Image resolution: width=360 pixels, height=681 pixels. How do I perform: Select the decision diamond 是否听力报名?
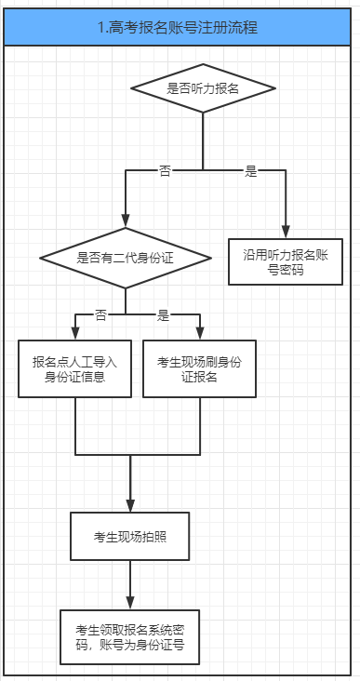click(203, 89)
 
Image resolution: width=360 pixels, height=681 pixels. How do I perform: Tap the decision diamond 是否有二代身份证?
click(126, 256)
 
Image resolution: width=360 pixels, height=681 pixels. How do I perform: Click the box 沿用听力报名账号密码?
click(286, 261)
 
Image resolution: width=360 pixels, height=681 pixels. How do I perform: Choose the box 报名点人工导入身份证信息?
click(75, 369)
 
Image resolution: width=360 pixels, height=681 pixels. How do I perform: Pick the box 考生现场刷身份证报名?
click(200, 369)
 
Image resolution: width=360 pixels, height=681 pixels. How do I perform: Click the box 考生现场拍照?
click(129, 537)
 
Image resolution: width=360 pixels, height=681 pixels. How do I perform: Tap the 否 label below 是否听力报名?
click(166, 171)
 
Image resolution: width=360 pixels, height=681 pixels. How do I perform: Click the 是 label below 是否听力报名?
click(250, 171)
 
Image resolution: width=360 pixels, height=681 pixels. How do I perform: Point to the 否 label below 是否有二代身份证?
click(100, 315)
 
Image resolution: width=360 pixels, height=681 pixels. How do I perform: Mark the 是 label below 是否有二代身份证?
click(163, 315)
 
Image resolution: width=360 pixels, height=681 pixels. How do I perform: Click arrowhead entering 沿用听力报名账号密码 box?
click(286, 233)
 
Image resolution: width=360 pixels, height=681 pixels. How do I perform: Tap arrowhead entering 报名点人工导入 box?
click(75, 335)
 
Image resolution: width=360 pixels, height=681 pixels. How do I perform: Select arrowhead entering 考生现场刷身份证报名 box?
click(200, 335)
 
